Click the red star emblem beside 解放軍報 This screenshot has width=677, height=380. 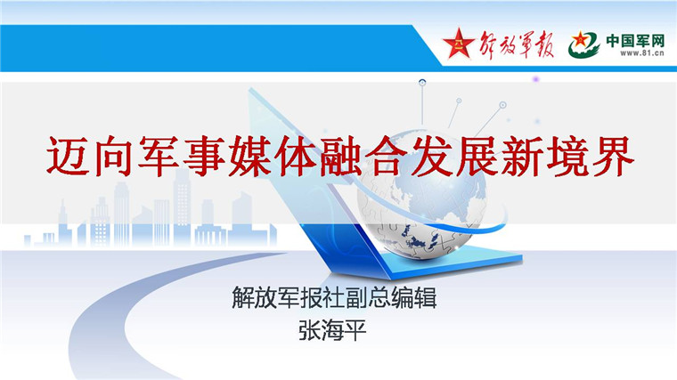coord(458,44)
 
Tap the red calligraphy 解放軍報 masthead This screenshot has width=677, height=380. coord(517,44)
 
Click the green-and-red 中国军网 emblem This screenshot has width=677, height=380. coord(583,44)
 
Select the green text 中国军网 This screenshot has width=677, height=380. coord(635,41)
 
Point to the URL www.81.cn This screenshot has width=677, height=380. coord(642,53)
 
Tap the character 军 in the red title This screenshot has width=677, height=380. coord(159,156)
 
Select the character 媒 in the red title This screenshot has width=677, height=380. coord(249,156)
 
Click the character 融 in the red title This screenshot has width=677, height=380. coord(339,156)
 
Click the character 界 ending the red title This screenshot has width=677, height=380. coord(612,156)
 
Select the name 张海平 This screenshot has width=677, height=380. coord(332,330)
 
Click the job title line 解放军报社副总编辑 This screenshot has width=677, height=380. coord(334,297)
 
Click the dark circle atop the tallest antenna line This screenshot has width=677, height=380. coord(422,83)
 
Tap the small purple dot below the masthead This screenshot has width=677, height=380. coord(536,79)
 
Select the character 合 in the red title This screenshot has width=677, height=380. coord(386,156)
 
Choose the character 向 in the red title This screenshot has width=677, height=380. coord(113,156)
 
